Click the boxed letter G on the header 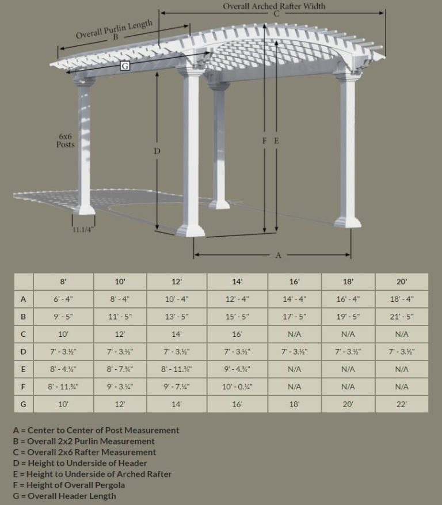124,66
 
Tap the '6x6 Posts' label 65,141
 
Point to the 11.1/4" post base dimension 83,230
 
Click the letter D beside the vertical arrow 157,151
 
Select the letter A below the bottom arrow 278,255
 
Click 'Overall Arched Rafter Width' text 274,6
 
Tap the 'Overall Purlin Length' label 115,29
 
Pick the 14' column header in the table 237,282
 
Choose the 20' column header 401,282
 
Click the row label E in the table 24,369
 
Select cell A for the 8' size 63,299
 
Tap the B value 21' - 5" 401,317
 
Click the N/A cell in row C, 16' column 294,334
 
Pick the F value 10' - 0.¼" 237,387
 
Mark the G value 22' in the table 401,404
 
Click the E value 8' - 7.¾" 120,369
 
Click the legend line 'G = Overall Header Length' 64,496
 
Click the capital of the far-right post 348,74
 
